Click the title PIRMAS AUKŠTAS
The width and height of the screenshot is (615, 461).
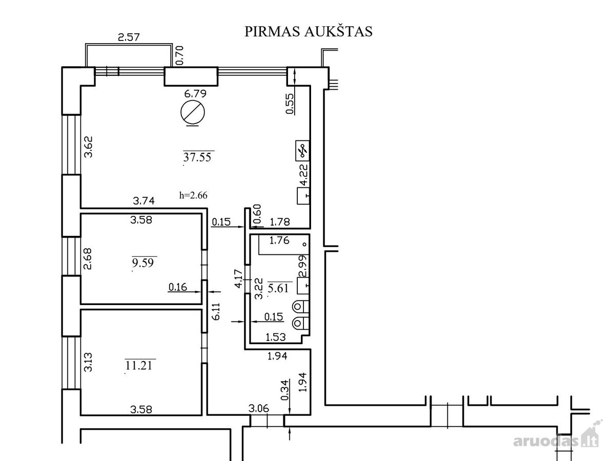tap(309, 32)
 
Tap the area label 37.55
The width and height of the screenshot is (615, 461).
tap(197, 157)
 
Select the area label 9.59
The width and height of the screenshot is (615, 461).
tap(143, 263)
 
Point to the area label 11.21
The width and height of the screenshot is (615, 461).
tap(139, 366)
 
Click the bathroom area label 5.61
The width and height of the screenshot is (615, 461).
tap(278, 288)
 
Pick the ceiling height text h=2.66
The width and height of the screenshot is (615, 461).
tap(193, 195)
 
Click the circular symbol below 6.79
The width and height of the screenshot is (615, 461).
tap(193, 112)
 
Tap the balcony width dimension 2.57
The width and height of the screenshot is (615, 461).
tap(129, 37)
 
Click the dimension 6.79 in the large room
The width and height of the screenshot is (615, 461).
tap(195, 93)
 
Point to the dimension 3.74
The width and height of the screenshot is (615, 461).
tap(143, 201)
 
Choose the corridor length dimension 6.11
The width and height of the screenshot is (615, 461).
tap(216, 311)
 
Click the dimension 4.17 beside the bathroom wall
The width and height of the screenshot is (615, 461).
tap(238, 278)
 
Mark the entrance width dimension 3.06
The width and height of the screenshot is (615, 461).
tap(259, 408)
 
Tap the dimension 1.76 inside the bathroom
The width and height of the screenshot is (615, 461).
tap(279, 240)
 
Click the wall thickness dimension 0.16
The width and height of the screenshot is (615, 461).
tap(178, 287)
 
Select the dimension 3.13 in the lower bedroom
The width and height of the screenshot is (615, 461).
tap(88, 362)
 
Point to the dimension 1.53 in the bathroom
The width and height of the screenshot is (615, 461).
tap(276, 337)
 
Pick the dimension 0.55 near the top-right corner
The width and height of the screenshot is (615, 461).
tap(290, 104)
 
